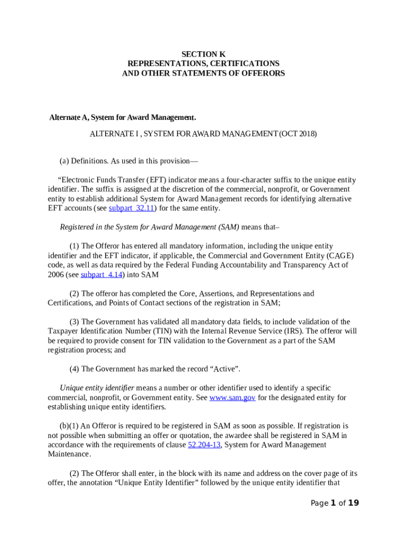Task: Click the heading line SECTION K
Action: (x=203, y=54)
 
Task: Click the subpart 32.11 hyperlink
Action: (x=132, y=208)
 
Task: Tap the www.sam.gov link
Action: (x=233, y=397)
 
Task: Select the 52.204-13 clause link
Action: (x=204, y=445)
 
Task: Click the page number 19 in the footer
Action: (x=354, y=503)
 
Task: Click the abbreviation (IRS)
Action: (x=293, y=331)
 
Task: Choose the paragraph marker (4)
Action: (x=75, y=369)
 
